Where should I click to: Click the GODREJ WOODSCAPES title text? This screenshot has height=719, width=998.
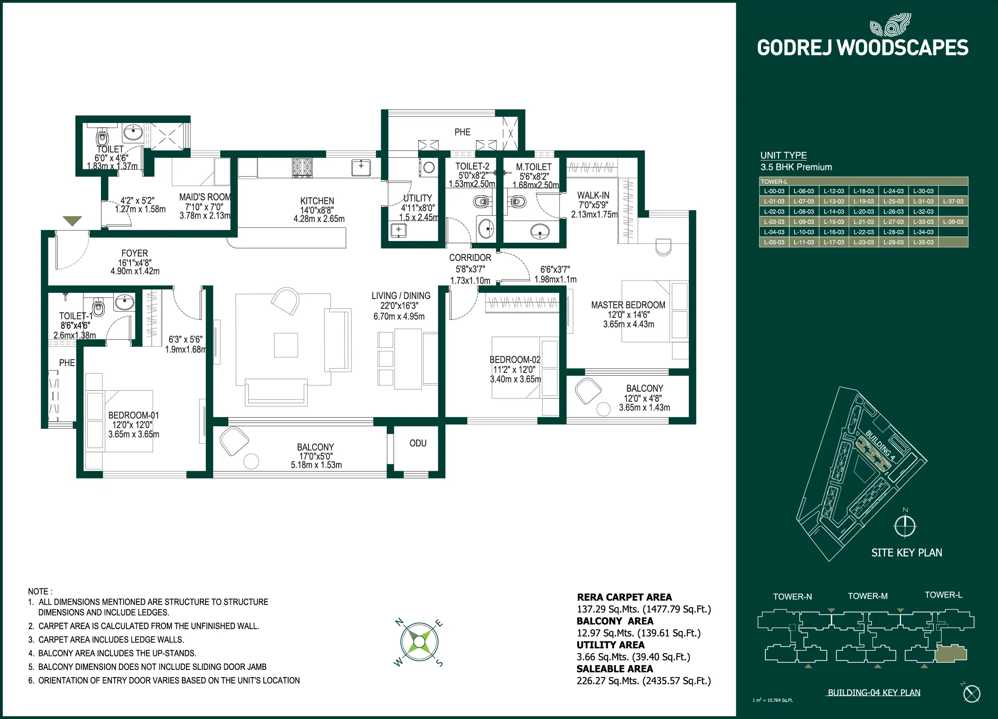click(862, 48)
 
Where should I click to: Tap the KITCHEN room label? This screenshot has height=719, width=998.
click(317, 201)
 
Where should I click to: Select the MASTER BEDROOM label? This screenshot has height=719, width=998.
click(628, 305)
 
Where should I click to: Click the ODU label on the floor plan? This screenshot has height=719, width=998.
click(418, 443)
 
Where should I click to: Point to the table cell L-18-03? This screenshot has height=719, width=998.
click(864, 191)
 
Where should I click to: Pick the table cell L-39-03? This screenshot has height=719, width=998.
click(953, 222)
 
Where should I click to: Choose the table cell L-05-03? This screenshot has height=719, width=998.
click(774, 242)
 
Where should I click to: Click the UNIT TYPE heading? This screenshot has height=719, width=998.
click(783, 155)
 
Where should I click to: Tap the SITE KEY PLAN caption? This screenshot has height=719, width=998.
click(907, 553)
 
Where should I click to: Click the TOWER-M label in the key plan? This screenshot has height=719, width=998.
click(868, 596)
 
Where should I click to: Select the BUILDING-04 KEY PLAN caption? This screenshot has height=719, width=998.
click(874, 693)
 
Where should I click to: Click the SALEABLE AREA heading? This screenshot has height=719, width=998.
click(615, 669)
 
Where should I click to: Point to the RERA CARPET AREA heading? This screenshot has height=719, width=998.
click(624, 597)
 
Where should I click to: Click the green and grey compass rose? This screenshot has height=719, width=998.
click(419, 642)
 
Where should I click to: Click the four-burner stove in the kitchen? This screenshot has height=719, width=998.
click(302, 168)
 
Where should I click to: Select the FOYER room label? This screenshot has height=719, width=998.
click(134, 253)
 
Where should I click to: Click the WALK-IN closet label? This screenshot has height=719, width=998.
click(593, 195)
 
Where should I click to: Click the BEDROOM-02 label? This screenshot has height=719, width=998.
click(515, 360)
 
